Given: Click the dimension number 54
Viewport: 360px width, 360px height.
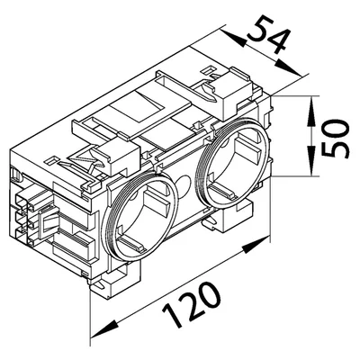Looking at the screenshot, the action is [269, 35].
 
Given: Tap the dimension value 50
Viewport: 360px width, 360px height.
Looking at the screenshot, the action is [335, 139].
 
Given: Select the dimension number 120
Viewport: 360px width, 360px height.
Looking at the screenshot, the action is [192, 305].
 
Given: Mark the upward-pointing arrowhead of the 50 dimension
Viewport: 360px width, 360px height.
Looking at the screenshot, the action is [312, 111].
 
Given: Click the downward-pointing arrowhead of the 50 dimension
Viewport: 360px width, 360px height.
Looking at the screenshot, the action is [312, 160].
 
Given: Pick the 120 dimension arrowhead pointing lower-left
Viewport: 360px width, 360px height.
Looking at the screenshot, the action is [103, 329].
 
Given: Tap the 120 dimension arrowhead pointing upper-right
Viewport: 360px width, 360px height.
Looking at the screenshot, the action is [256, 245].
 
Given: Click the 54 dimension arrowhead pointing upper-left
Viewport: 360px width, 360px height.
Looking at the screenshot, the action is [233, 37].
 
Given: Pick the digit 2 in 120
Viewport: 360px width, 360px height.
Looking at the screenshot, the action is [193, 304].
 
